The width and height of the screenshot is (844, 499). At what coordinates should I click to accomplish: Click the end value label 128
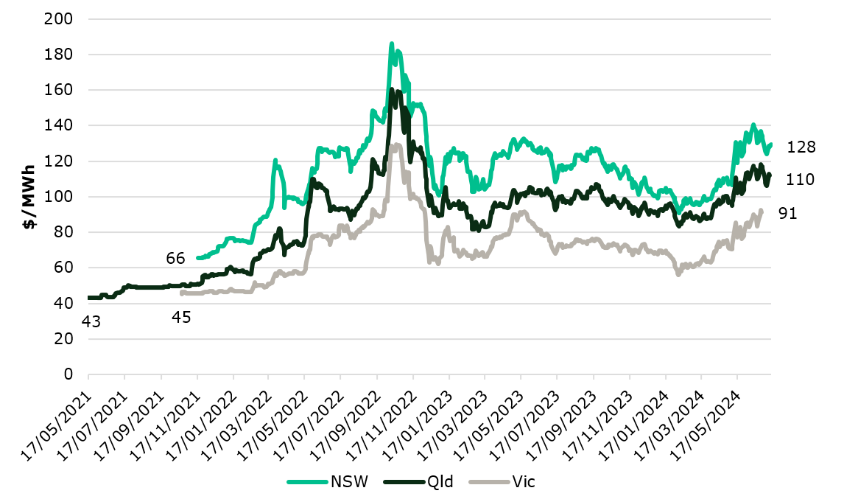coord(801,147)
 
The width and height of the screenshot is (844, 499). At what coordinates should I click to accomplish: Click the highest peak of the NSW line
coord(392,43)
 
